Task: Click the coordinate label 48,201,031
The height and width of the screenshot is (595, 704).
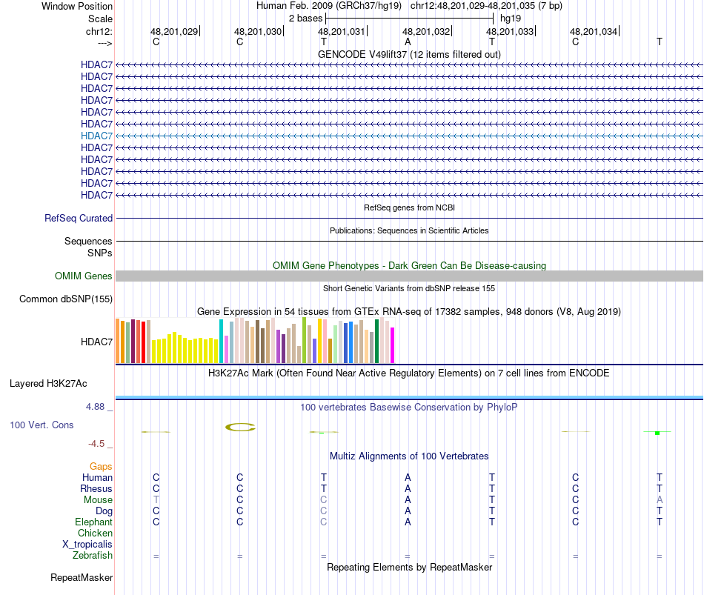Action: tap(342, 32)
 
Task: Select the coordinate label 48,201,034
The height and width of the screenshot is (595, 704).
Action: tap(593, 32)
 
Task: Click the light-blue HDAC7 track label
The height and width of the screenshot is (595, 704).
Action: tap(96, 136)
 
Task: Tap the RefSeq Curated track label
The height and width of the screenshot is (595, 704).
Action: tap(79, 219)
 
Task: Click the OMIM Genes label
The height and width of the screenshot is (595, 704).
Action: tap(84, 276)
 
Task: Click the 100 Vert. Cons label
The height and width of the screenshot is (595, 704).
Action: tap(41, 425)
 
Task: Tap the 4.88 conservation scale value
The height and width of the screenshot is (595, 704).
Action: tap(98, 407)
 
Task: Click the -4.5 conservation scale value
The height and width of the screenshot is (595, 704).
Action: tap(97, 444)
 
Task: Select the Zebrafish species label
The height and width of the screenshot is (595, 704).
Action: tap(93, 556)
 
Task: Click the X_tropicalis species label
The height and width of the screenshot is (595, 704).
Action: tap(87, 545)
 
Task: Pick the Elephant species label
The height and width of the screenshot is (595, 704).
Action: tap(93, 522)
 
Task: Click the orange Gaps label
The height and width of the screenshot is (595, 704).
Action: tap(101, 467)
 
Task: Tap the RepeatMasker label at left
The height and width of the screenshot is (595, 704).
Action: tap(82, 578)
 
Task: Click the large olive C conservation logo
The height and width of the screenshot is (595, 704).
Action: tap(240, 427)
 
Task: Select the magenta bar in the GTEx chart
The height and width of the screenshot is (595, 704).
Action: tap(393, 345)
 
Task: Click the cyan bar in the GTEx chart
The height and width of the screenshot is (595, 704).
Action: tap(221, 342)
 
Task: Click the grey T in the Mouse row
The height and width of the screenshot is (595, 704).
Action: tap(156, 500)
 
